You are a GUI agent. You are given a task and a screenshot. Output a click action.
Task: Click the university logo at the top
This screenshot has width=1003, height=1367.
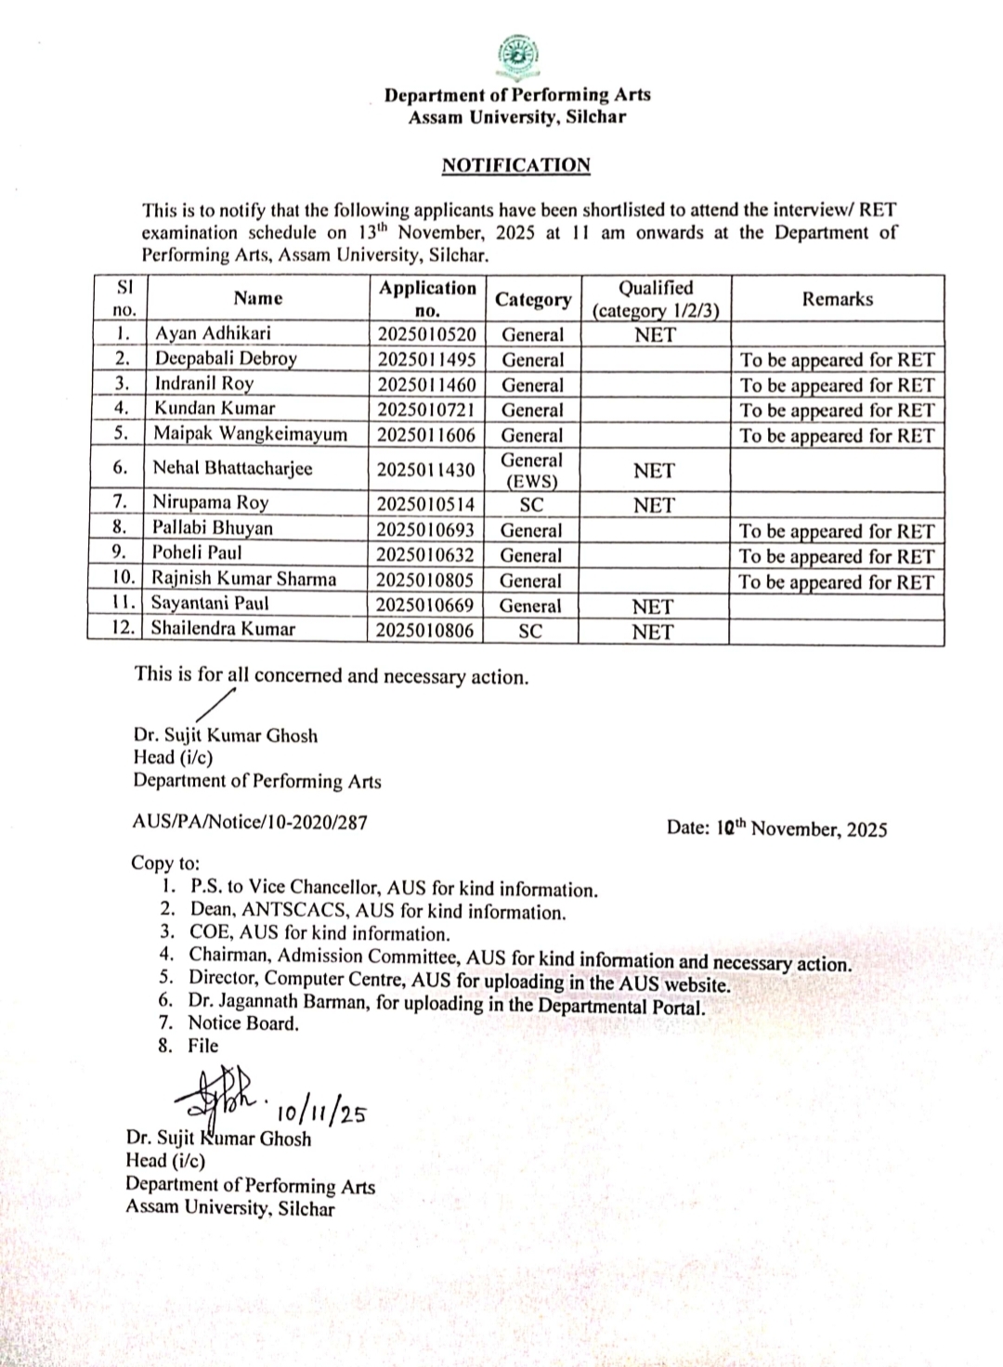(517, 58)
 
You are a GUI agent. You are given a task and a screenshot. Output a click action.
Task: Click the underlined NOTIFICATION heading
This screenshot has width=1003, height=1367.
(515, 165)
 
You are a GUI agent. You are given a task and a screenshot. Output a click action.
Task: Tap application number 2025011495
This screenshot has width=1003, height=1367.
(427, 359)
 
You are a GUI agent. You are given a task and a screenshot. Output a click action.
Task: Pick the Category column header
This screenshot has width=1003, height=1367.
(533, 299)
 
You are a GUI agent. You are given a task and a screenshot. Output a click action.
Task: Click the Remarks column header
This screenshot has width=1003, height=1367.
(838, 299)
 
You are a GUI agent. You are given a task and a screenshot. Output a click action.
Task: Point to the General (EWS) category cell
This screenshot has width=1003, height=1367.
(532, 470)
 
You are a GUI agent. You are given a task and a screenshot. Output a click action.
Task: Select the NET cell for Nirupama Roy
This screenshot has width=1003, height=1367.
(654, 505)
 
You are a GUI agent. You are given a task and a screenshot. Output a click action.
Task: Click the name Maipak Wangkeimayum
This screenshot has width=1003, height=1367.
(250, 434)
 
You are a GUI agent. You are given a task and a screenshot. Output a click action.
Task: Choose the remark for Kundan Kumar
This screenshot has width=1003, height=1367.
(837, 410)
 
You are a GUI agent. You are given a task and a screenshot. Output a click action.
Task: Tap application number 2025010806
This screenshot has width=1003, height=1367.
(425, 631)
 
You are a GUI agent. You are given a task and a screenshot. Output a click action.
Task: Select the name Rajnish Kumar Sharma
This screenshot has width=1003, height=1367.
(244, 579)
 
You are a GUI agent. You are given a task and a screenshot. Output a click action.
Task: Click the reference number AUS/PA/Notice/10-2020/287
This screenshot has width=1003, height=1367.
(251, 822)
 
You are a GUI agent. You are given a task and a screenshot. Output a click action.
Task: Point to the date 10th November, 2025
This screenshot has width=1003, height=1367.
(776, 827)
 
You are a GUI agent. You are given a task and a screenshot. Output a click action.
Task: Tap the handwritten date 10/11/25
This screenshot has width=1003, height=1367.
(320, 1111)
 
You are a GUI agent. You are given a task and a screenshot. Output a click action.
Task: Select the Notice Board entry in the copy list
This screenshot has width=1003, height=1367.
(243, 1023)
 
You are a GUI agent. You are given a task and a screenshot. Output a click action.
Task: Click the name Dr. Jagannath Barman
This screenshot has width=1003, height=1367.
(277, 1002)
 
